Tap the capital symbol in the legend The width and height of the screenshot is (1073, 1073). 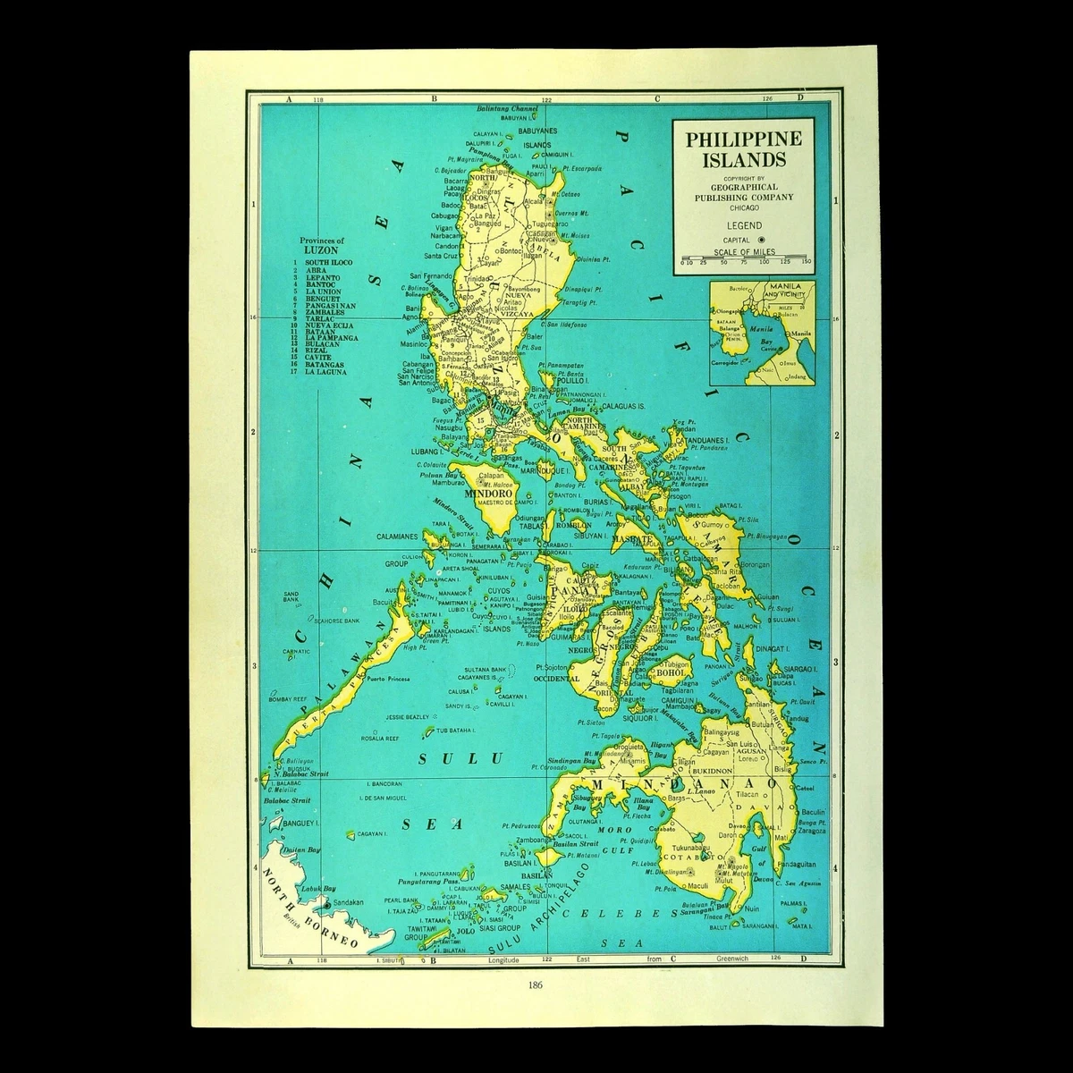(x=761, y=240)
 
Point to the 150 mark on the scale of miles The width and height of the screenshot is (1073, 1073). (x=806, y=261)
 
